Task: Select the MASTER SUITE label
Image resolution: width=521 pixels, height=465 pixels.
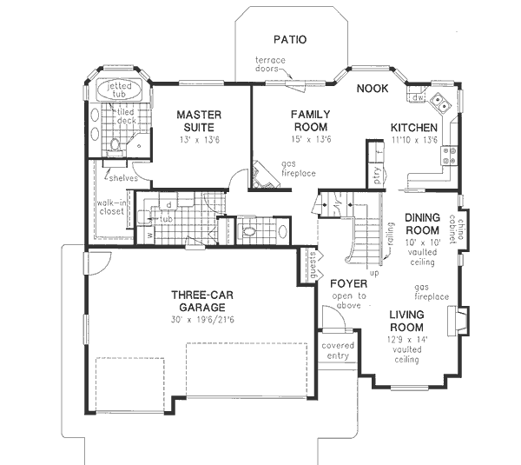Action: point(201,121)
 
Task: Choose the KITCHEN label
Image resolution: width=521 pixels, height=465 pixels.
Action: point(413,127)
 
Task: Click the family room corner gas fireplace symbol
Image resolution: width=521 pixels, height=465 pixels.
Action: point(261,176)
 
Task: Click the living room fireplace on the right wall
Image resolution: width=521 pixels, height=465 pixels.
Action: point(463,321)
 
